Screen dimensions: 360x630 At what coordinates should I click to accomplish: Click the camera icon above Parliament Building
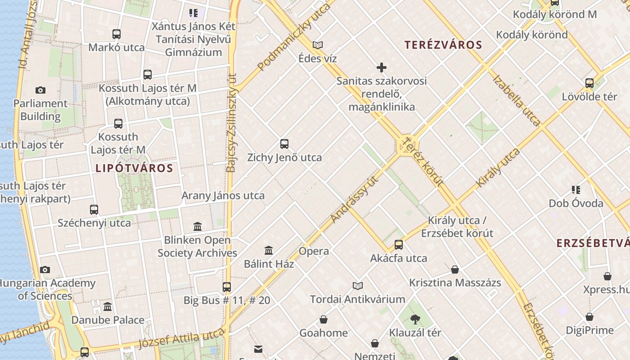40,90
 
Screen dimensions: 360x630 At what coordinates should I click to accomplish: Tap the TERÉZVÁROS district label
443,45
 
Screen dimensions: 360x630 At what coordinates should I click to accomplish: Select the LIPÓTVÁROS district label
134,168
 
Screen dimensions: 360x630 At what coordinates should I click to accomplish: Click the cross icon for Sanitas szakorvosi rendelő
382,67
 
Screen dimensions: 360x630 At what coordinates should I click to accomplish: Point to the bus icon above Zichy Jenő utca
284,144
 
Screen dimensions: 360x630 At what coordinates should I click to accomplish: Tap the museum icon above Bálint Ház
269,250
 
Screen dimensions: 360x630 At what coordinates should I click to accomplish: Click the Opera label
314,251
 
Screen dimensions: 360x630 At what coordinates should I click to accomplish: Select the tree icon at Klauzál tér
415,319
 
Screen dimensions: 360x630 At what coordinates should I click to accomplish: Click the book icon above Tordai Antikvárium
358,286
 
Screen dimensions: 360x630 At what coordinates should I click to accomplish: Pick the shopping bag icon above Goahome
324,319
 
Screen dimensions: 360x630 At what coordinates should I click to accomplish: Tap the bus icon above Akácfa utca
399,245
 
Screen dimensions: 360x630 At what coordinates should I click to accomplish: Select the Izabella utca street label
516,100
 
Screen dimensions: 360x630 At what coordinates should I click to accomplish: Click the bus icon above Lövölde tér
589,83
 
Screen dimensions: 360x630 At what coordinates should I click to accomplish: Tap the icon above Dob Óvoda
576,190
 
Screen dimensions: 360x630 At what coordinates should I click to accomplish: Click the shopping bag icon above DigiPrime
589,317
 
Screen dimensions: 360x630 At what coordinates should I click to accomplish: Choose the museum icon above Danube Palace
108,307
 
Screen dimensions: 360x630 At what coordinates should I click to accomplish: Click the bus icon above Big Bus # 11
227,287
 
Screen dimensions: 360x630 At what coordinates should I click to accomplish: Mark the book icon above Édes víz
318,45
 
